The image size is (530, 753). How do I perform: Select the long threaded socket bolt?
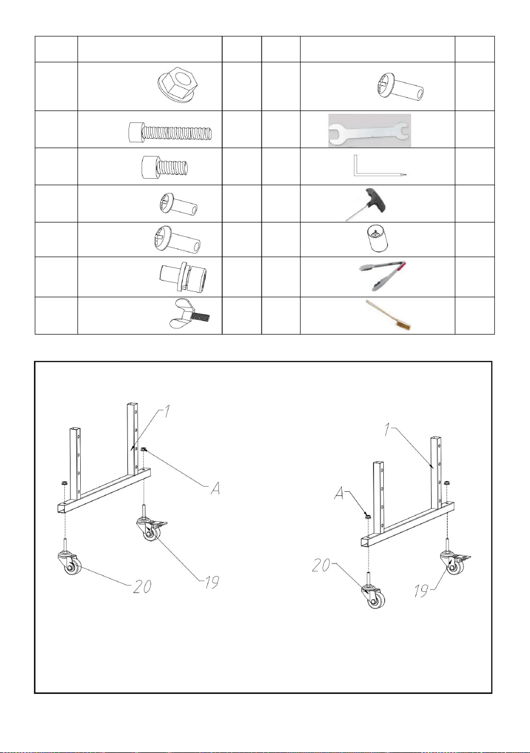170,132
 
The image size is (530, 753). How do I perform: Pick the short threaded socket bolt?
165,167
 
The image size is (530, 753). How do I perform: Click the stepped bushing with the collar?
183,276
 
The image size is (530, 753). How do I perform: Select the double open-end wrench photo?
370,131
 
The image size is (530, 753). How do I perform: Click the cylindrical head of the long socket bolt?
135,132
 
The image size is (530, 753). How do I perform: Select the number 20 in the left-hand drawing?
142,587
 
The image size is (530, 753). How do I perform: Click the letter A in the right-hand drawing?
340,494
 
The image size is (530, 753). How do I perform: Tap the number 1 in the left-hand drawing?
167,412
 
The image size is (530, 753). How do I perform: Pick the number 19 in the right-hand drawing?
421,591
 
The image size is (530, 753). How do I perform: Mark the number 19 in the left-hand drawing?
212,582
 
